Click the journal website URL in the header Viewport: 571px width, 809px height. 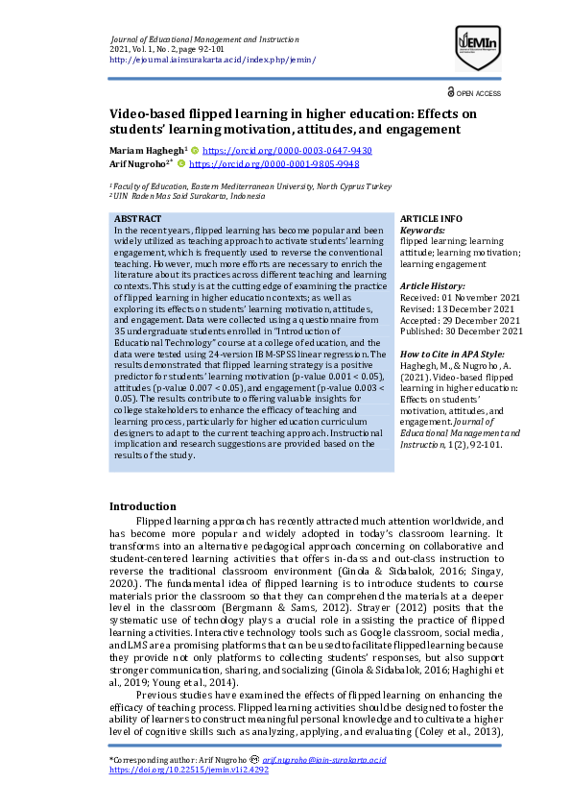tap(213, 60)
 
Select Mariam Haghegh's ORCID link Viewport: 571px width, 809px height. tap(287, 151)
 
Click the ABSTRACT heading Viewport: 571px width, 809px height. tap(137, 219)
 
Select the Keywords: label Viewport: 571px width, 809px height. tap(422, 231)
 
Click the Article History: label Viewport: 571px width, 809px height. tap(433, 286)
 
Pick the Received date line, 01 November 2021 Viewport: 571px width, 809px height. tap(460, 298)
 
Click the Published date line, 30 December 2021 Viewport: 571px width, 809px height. tap(462, 331)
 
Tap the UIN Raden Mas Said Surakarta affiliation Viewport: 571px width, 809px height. tap(188, 196)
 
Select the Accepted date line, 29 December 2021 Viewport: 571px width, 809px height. tap(460, 320)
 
